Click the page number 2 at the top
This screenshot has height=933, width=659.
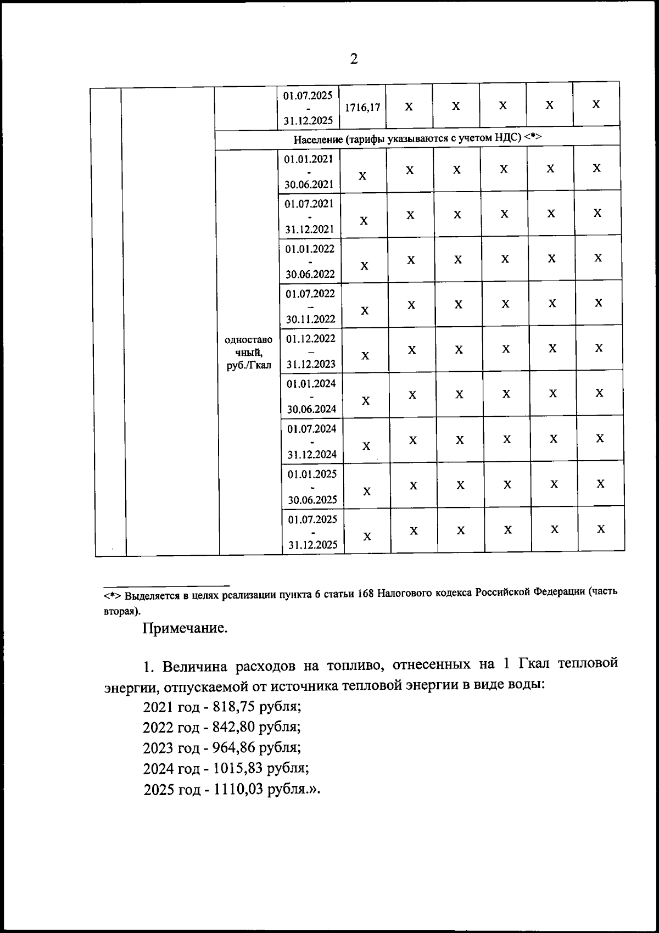(x=354, y=59)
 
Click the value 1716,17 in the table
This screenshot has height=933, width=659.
(x=362, y=108)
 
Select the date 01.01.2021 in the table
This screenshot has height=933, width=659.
(x=309, y=159)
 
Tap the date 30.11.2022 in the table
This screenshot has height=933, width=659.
(x=310, y=319)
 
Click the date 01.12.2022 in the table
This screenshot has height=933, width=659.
(x=311, y=338)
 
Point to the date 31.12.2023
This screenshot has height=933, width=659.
(x=311, y=364)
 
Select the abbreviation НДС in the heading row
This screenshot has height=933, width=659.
(x=509, y=138)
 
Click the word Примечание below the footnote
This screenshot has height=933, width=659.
(x=185, y=628)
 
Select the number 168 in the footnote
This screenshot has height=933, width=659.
(x=366, y=595)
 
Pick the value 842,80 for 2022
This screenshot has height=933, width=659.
(x=236, y=727)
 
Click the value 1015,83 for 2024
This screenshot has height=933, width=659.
(x=239, y=768)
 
